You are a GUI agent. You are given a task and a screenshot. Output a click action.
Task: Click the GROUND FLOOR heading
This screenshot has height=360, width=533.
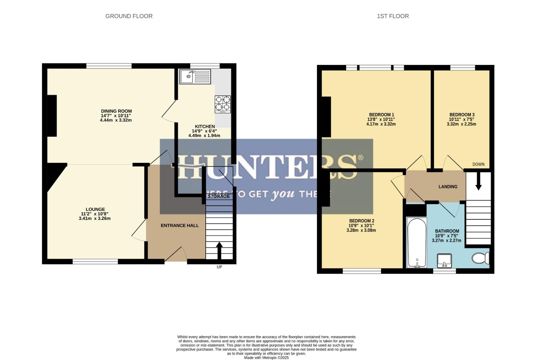click(x=129, y=16)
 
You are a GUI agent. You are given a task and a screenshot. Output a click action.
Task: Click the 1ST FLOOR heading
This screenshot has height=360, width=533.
click(x=393, y=16)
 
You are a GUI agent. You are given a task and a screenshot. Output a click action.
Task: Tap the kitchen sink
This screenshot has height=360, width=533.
click(x=195, y=77)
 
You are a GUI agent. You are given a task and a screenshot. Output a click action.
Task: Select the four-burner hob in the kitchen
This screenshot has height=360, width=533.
click(x=223, y=104)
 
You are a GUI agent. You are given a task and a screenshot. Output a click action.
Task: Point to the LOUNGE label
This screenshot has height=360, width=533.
click(x=95, y=209)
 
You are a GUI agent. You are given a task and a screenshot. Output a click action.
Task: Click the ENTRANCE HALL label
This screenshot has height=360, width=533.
click(x=180, y=225)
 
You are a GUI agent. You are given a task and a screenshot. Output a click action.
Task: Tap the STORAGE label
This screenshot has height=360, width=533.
click(x=218, y=196)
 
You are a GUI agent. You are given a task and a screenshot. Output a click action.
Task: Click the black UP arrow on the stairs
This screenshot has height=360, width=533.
click(x=219, y=250)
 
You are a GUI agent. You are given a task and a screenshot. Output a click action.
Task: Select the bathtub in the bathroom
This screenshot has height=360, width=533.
click(x=417, y=242)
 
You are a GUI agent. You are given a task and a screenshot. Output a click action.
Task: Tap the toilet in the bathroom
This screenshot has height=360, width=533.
click(x=480, y=258)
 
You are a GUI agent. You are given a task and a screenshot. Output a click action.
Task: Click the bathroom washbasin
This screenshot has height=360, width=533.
click(x=444, y=260)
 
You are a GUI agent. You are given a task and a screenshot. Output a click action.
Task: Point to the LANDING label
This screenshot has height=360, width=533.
click(x=448, y=187)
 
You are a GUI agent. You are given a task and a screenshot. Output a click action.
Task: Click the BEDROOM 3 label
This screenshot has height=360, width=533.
click(x=462, y=115)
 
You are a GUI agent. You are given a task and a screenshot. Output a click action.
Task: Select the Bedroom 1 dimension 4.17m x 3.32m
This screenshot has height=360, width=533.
click(x=381, y=124)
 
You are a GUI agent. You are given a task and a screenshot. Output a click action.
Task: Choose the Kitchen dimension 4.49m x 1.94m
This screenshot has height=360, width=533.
click(x=204, y=136)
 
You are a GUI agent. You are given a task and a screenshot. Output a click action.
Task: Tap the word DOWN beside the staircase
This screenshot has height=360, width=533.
click(x=478, y=164)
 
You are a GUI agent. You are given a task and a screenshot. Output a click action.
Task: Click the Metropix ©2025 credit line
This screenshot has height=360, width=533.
click(x=266, y=358)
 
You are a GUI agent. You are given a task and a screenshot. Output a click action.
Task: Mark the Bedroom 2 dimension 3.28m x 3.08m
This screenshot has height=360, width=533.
click(x=361, y=230)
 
